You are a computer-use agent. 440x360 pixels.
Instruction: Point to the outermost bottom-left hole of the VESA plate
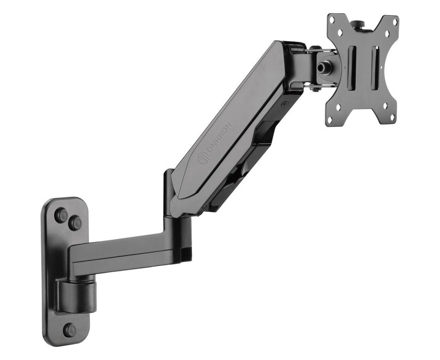pyautogui.click(x=330, y=119)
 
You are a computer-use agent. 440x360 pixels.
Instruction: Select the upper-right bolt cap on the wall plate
pyautogui.click(x=75, y=223)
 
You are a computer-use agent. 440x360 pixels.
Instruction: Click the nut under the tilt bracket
pyautogui.click(x=317, y=89)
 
